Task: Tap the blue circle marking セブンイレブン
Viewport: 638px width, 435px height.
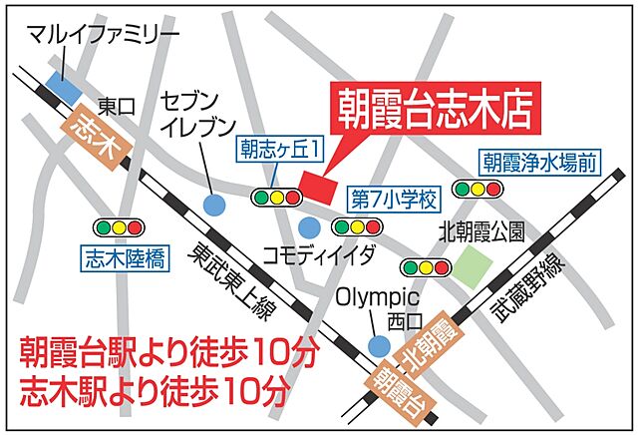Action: (211, 205)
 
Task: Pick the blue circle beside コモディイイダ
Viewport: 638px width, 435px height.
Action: (310, 227)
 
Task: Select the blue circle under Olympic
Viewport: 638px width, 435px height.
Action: (377, 345)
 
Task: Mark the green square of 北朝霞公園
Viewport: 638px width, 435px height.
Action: (474, 266)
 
